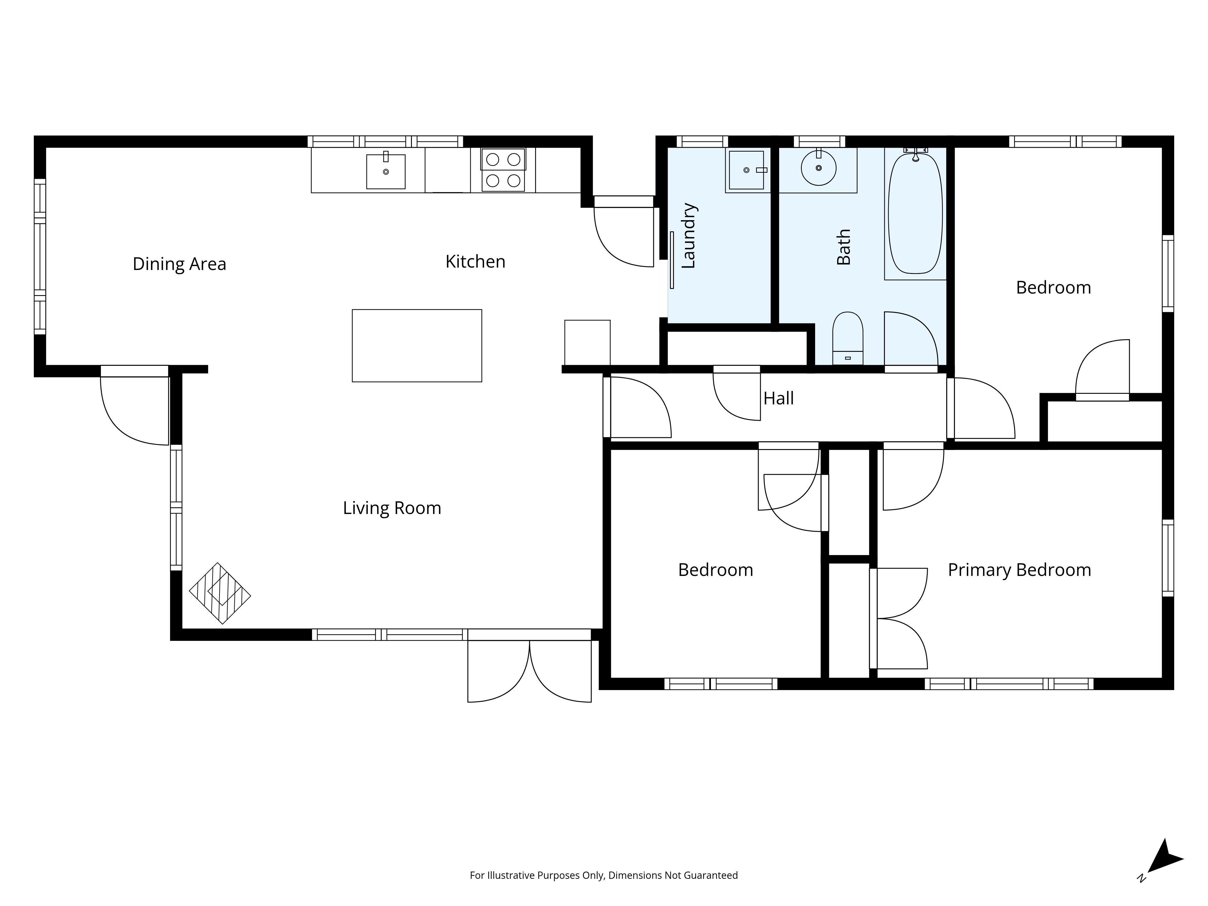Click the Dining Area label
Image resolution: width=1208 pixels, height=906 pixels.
point(179,264)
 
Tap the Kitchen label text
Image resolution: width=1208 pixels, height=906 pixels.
point(475,262)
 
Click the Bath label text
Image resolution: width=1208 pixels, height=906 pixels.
point(844,247)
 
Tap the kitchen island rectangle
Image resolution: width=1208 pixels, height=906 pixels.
point(417,346)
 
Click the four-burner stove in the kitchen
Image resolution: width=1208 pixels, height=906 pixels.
point(503,169)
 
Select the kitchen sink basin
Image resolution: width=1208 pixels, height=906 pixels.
point(386,172)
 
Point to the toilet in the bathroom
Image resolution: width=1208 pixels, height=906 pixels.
point(848,338)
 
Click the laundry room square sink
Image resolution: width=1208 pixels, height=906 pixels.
point(747,170)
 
